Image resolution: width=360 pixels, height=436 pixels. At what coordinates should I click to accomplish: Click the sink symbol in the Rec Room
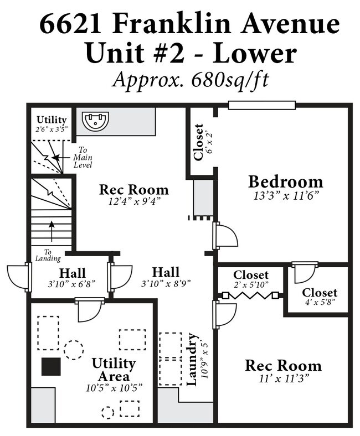pyautogui.click(x=95, y=121)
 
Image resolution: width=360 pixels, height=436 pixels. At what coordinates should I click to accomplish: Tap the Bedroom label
pyautogui.click(x=286, y=182)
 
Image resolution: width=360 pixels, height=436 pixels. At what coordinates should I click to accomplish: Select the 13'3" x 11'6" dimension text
pyautogui.click(x=286, y=196)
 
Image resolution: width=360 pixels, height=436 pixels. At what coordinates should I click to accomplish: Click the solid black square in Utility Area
pyautogui.click(x=51, y=366)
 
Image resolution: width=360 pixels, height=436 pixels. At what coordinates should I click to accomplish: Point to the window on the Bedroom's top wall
pyautogui.click(x=261, y=105)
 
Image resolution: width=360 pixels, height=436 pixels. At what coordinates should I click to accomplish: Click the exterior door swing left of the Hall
pyautogui.click(x=17, y=277)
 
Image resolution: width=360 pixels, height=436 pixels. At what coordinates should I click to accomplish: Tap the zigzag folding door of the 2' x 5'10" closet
pyautogui.click(x=250, y=295)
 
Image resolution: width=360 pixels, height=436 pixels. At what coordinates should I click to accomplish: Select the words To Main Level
pyautogui.click(x=83, y=157)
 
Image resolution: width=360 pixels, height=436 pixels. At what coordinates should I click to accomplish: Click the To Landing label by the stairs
pyautogui.click(x=48, y=256)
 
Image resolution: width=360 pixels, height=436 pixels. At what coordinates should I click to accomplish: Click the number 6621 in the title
pyautogui.click(x=70, y=24)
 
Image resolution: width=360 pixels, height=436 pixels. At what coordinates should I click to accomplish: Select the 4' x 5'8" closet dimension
pyautogui.click(x=320, y=302)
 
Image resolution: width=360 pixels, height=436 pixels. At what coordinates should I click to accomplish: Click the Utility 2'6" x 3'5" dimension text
pyautogui.click(x=52, y=129)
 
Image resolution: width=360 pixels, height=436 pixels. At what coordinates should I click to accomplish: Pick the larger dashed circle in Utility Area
pyautogui.click(x=74, y=350)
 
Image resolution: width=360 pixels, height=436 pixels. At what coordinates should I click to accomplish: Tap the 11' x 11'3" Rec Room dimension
pyautogui.click(x=284, y=378)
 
